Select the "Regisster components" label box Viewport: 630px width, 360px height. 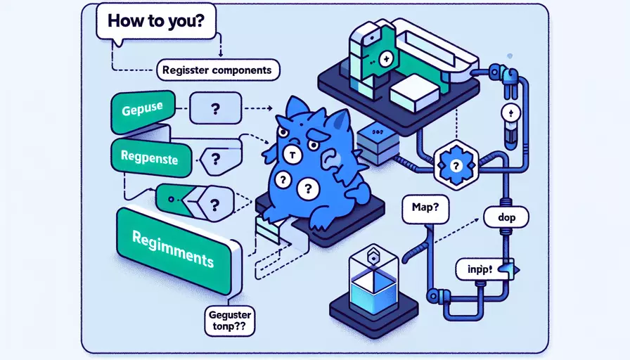pos(217,70)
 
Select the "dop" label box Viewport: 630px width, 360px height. pos(506,218)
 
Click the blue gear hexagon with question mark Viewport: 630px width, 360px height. pos(454,166)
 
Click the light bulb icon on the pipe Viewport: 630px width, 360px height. pos(512,113)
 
